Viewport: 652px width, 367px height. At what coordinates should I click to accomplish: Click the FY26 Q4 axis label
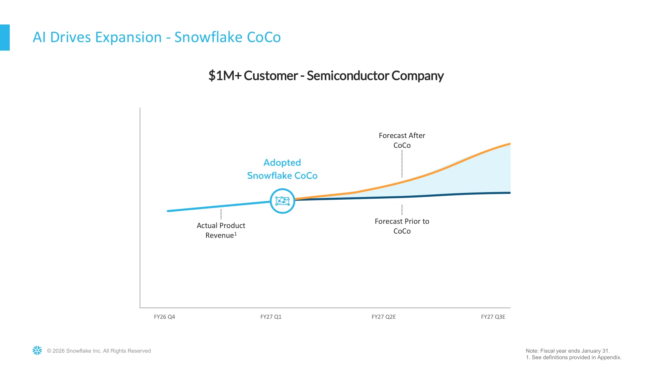coord(164,317)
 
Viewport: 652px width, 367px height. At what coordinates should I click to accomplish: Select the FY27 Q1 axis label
coord(271,317)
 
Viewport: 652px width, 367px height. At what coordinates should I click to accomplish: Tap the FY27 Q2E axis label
coord(383,317)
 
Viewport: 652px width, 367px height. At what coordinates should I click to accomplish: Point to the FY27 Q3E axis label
coord(493,317)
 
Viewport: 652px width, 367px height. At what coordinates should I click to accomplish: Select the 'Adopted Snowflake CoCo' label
coord(282,169)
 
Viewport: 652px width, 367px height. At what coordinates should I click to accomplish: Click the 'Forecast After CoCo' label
coord(402,140)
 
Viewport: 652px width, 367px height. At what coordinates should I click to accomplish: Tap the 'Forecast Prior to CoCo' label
coord(402,226)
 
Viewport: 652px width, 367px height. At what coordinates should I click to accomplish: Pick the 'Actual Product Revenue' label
coord(221,230)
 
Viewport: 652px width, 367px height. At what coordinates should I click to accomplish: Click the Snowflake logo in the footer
coord(37,350)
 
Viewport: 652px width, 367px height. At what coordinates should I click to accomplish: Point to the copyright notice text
coord(99,351)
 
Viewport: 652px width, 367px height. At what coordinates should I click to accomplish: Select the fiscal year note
coord(568,351)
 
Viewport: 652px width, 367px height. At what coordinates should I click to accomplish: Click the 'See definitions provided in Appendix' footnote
coord(573,357)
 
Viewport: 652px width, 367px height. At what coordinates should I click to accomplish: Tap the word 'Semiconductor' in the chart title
coord(348,76)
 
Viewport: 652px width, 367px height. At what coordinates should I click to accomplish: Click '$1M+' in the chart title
coord(225,76)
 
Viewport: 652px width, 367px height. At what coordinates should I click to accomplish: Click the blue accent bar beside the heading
coord(5,38)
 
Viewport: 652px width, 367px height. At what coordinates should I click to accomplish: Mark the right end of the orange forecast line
coord(510,144)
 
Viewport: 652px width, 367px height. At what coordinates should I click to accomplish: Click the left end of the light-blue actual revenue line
coord(168,211)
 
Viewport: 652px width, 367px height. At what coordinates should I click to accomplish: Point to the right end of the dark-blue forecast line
coord(510,193)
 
